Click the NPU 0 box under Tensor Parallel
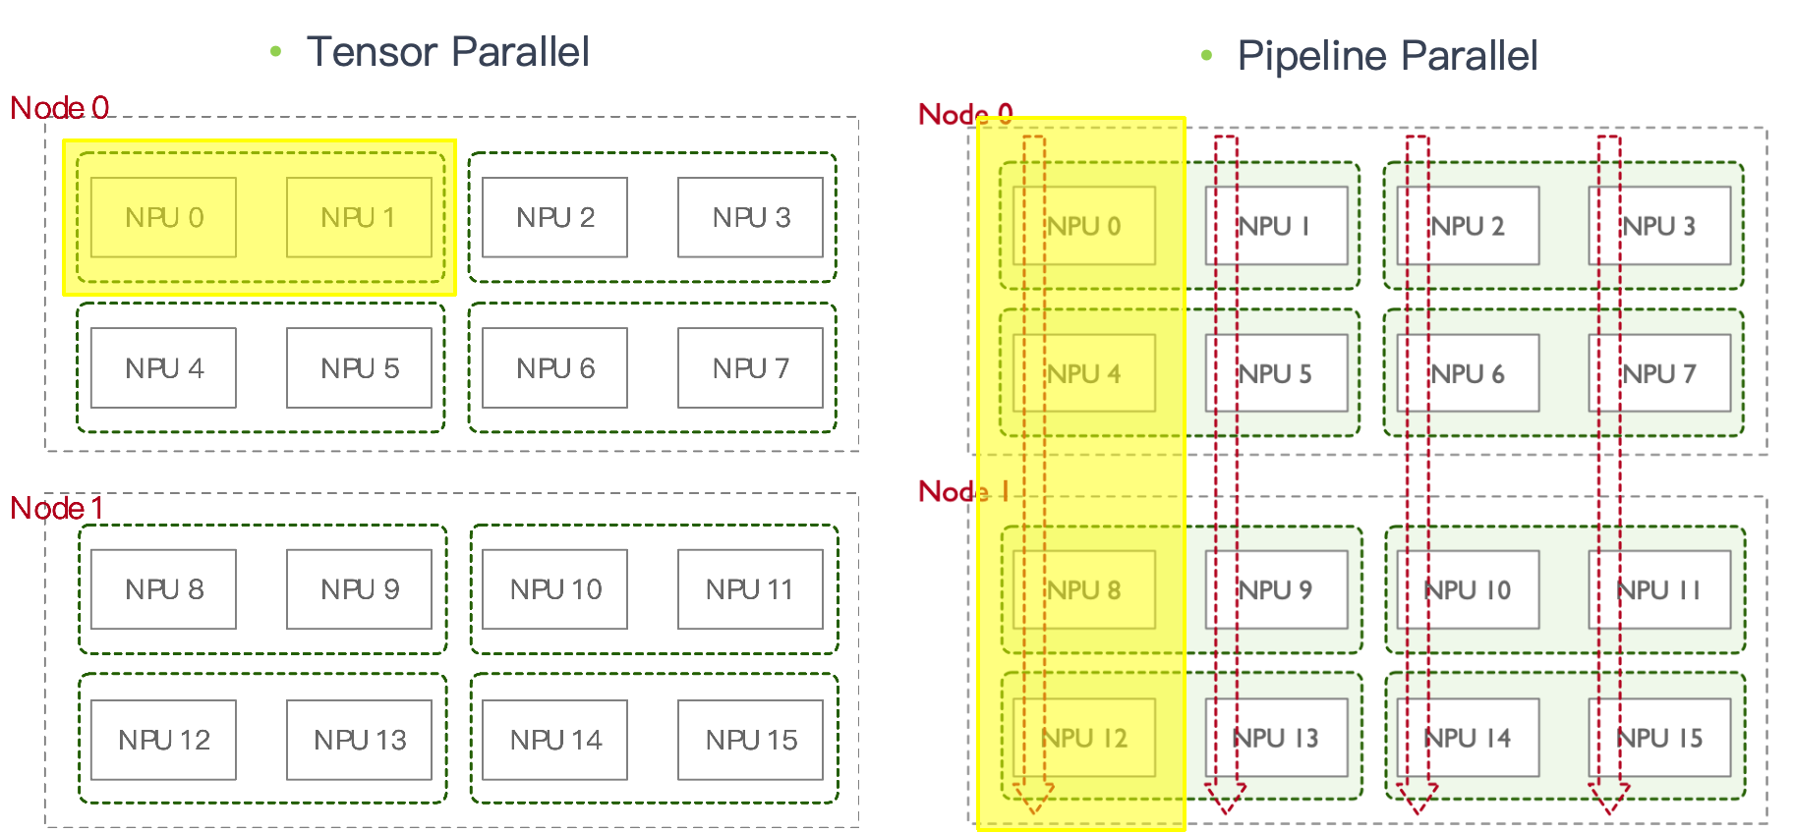click(163, 217)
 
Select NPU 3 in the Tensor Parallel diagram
click(750, 217)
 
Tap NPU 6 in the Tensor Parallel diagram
click(554, 368)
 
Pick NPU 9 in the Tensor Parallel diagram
click(359, 589)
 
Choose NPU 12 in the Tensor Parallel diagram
click(163, 740)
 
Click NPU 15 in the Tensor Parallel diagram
click(750, 740)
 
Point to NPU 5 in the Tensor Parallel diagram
click(359, 368)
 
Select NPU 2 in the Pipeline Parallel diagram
click(1468, 226)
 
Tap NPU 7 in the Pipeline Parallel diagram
click(1659, 373)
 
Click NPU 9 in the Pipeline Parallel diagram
click(1276, 589)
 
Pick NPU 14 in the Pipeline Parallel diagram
click(1468, 738)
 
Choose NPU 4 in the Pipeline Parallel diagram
click(1083, 373)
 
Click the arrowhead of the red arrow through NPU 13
click(1225, 798)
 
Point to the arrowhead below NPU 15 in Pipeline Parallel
click(1609, 798)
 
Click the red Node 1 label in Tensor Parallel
click(57, 508)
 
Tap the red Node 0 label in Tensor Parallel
click(59, 107)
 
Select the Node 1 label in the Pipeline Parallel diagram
click(963, 491)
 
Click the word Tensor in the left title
click(372, 51)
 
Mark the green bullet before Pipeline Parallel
click(1206, 56)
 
